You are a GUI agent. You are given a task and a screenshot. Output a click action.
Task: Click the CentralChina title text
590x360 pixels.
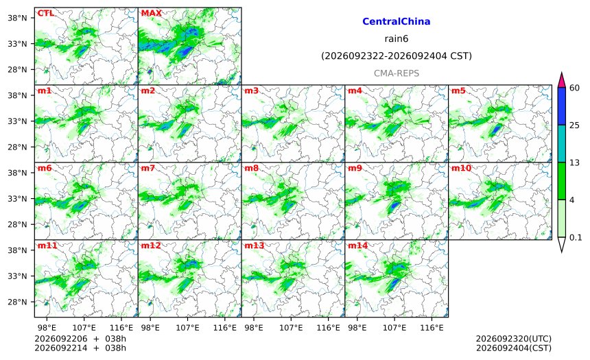coord(397,21)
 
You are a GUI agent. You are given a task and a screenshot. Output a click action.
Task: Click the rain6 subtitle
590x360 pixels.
coord(397,39)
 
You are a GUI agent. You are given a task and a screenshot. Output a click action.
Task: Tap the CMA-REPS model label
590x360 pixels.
coord(397,73)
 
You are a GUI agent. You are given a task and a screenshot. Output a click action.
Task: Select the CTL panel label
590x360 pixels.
coord(45,13)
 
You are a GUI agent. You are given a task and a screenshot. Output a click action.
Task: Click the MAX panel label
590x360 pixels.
coord(151,13)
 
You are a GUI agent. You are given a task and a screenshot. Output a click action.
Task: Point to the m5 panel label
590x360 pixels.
coord(458,91)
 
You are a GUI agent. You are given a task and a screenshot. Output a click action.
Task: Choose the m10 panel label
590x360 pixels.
coord(461,168)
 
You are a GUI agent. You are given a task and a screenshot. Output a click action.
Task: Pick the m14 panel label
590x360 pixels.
coord(357,245)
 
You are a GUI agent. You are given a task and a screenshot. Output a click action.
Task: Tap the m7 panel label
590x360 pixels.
coord(148,168)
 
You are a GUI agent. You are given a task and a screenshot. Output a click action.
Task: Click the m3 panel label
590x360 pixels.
coord(251,91)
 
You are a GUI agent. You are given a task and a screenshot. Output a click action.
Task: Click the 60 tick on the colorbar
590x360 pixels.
coord(574,88)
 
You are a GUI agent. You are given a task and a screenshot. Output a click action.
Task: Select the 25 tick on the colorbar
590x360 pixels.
coord(574,125)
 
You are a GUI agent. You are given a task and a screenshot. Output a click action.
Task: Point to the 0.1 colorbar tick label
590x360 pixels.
coord(576,237)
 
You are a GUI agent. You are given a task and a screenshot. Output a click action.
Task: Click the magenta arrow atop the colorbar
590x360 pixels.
coord(561,80)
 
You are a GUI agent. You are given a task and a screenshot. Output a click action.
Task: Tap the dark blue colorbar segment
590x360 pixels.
coord(561,106)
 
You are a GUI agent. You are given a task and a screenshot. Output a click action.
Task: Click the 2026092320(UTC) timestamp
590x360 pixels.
coord(514,339)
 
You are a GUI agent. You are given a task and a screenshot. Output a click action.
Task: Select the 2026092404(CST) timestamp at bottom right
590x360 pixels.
coord(514,348)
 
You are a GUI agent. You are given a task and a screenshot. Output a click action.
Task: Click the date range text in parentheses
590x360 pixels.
coord(397,56)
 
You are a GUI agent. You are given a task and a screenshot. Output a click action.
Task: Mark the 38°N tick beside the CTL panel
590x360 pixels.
coord(17,18)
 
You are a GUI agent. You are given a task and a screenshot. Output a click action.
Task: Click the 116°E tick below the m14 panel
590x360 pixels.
coord(432,328)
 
